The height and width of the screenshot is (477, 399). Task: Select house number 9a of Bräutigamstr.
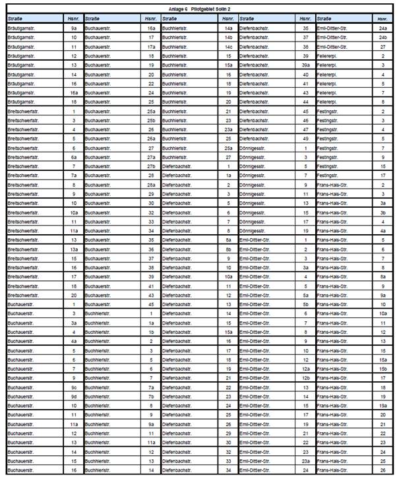point(75,29)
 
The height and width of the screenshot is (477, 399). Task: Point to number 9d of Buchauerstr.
point(75,396)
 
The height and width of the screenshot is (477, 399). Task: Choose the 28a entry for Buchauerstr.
point(151,185)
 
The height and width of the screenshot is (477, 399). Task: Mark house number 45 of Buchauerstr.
point(151,305)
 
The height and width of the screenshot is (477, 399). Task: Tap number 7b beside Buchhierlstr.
point(151,396)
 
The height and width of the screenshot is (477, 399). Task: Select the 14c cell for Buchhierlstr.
point(228,48)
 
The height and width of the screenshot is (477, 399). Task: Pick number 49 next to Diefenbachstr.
point(305,139)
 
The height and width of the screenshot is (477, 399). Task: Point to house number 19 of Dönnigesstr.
point(305,232)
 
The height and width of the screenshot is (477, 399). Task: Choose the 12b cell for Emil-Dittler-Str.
point(305,378)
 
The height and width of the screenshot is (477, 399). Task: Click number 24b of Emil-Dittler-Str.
point(383,38)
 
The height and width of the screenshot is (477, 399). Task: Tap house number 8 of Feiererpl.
point(383,103)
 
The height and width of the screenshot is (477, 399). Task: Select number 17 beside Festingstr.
point(383,176)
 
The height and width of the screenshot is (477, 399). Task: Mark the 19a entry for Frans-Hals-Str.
point(383,406)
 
